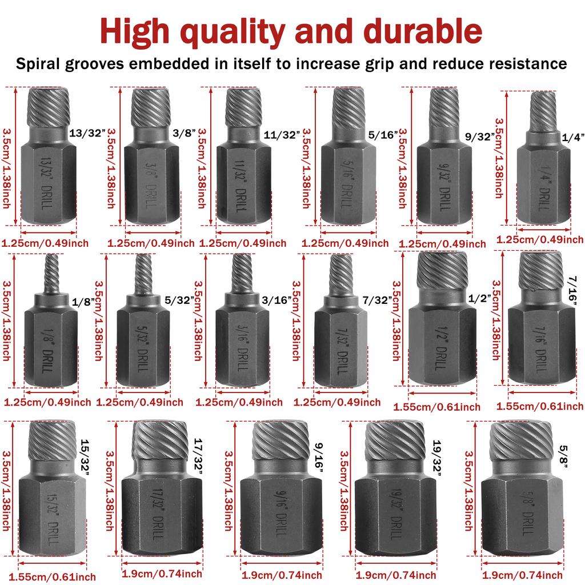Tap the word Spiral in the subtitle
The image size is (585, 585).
pyautogui.click(x=46, y=63)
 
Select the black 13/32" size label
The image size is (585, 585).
pyautogui.click(x=88, y=133)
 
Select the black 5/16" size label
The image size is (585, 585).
pyautogui.click(x=384, y=135)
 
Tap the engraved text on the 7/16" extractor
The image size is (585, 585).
pyautogui.click(x=540, y=346)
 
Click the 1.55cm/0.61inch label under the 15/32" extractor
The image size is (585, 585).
pyautogui.click(x=49, y=576)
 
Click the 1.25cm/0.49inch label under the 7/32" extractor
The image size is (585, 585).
pyautogui.click(x=337, y=402)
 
